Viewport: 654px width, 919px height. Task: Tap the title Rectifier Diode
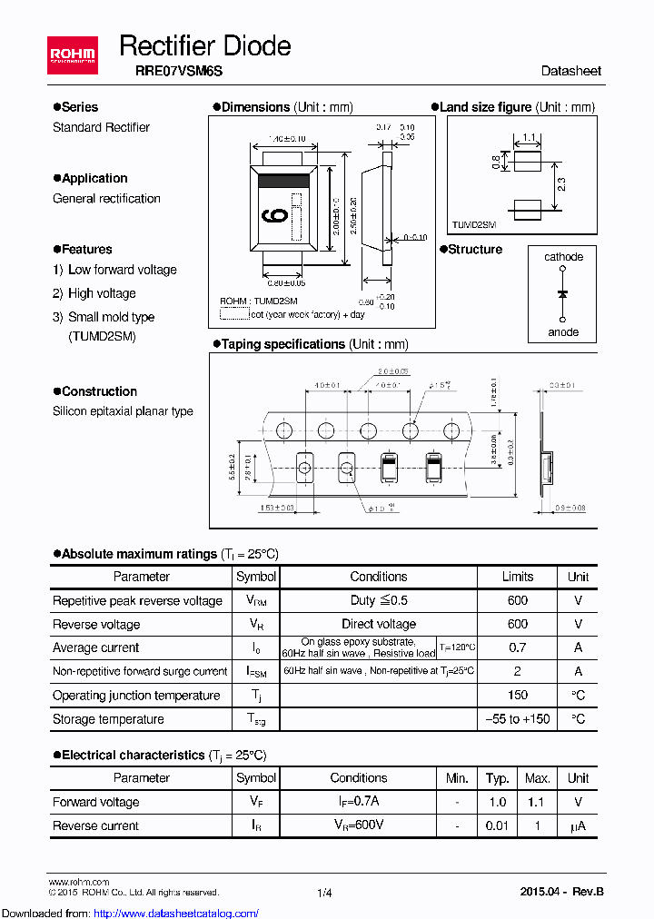click(x=205, y=45)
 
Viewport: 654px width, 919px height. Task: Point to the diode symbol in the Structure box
click(x=563, y=294)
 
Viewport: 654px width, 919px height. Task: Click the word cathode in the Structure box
click(x=563, y=257)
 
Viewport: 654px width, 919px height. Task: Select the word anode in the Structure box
click(x=563, y=332)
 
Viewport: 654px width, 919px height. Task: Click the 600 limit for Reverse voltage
click(x=518, y=625)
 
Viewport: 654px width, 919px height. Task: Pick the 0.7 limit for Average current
click(x=518, y=648)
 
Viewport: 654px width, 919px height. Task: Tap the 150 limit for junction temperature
click(x=518, y=696)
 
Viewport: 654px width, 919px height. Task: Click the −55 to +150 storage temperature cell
click(x=518, y=719)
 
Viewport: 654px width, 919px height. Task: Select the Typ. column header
click(x=497, y=778)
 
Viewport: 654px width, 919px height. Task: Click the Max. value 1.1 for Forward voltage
click(x=538, y=803)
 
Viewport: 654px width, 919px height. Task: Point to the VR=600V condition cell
click(x=358, y=826)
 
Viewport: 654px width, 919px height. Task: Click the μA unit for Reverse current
click(x=578, y=826)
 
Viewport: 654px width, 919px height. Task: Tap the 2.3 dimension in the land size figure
click(x=562, y=184)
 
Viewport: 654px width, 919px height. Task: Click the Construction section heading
click(x=99, y=391)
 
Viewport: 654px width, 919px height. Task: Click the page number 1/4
click(x=325, y=894)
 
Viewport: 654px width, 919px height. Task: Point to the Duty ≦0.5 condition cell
click(x=379, y=601)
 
